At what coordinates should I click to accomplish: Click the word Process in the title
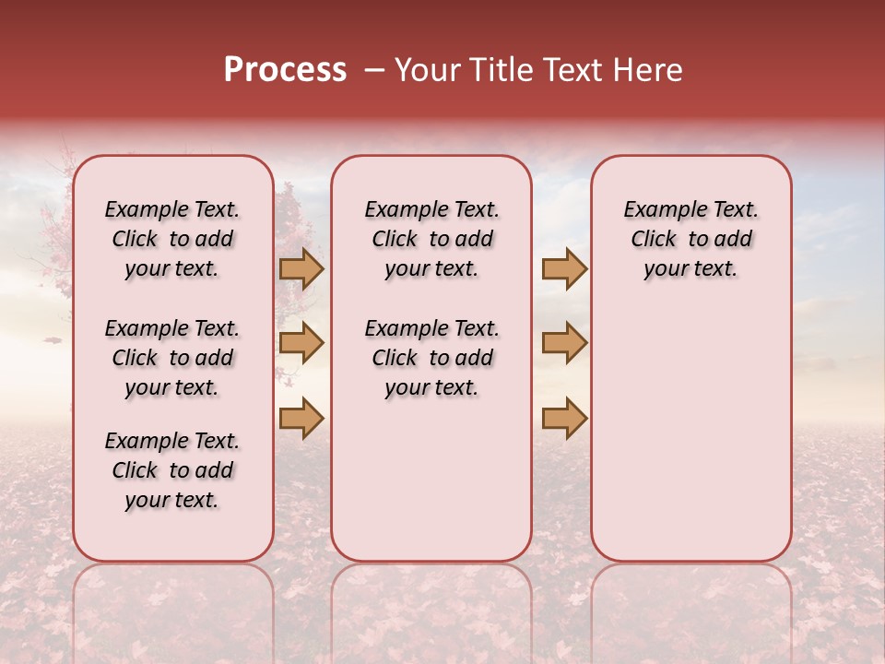[x=285, y=70]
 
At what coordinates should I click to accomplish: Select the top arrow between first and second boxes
[x=301, y=269]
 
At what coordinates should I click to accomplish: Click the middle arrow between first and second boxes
[x=301, y=343]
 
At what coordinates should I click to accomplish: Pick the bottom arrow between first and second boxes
[x=301, y=418]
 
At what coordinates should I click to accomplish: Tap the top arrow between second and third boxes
[x=564, y=269]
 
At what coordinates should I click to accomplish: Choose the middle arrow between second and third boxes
[x=564, y=343]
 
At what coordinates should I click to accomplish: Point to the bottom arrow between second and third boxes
[x=564, y=418]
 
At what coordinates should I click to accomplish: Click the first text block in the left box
[x=172, y=239]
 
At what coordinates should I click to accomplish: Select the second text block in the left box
[x=172, y=358]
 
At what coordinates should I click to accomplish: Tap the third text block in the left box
[x=172, y=470]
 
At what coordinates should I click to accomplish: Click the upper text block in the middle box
[x=431, y=239]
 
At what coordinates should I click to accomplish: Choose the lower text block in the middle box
[x=431, y=358]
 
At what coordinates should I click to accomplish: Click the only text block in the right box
[x=690, y=239]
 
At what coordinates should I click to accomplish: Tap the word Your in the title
[x=424, y=70]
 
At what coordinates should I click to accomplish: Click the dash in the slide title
[x=374, y=70]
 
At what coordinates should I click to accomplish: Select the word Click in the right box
[x=655, y=239]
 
